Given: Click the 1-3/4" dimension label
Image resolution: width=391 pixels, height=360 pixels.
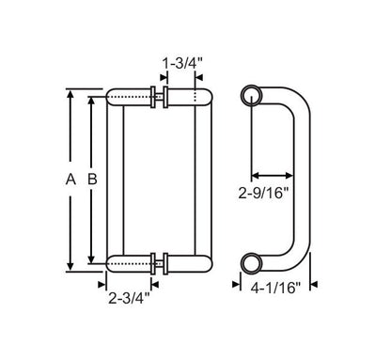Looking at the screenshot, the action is pyautogui.click(x=182, y=64).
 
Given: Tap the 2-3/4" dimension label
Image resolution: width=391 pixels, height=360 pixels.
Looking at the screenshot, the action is pyautogui.click(x=129, y=298).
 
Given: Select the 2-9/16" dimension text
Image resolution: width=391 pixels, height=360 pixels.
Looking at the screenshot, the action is pyautogui.click(x=263, y=193).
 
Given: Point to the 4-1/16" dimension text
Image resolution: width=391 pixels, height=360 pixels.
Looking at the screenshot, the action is pyautogui.click(x=275, y=288).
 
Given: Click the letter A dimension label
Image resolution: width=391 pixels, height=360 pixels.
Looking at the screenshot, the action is pyautogui.click(x=70, y=180).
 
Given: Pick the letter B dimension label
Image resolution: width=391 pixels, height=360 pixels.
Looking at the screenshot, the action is pyautogui.click(x=92, y=180).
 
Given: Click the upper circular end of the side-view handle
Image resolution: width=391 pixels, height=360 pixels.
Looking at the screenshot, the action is pyautogui.click(x=252, y=96).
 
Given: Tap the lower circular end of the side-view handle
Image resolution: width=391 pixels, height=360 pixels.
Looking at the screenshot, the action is pyautogui.click(x=252, y=262).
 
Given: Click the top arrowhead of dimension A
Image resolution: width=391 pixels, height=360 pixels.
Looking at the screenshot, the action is pyautogui.click(x=70, y=94).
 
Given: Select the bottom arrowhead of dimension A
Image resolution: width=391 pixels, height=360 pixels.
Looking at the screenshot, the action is pyautogui.click(x=70, y=266).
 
